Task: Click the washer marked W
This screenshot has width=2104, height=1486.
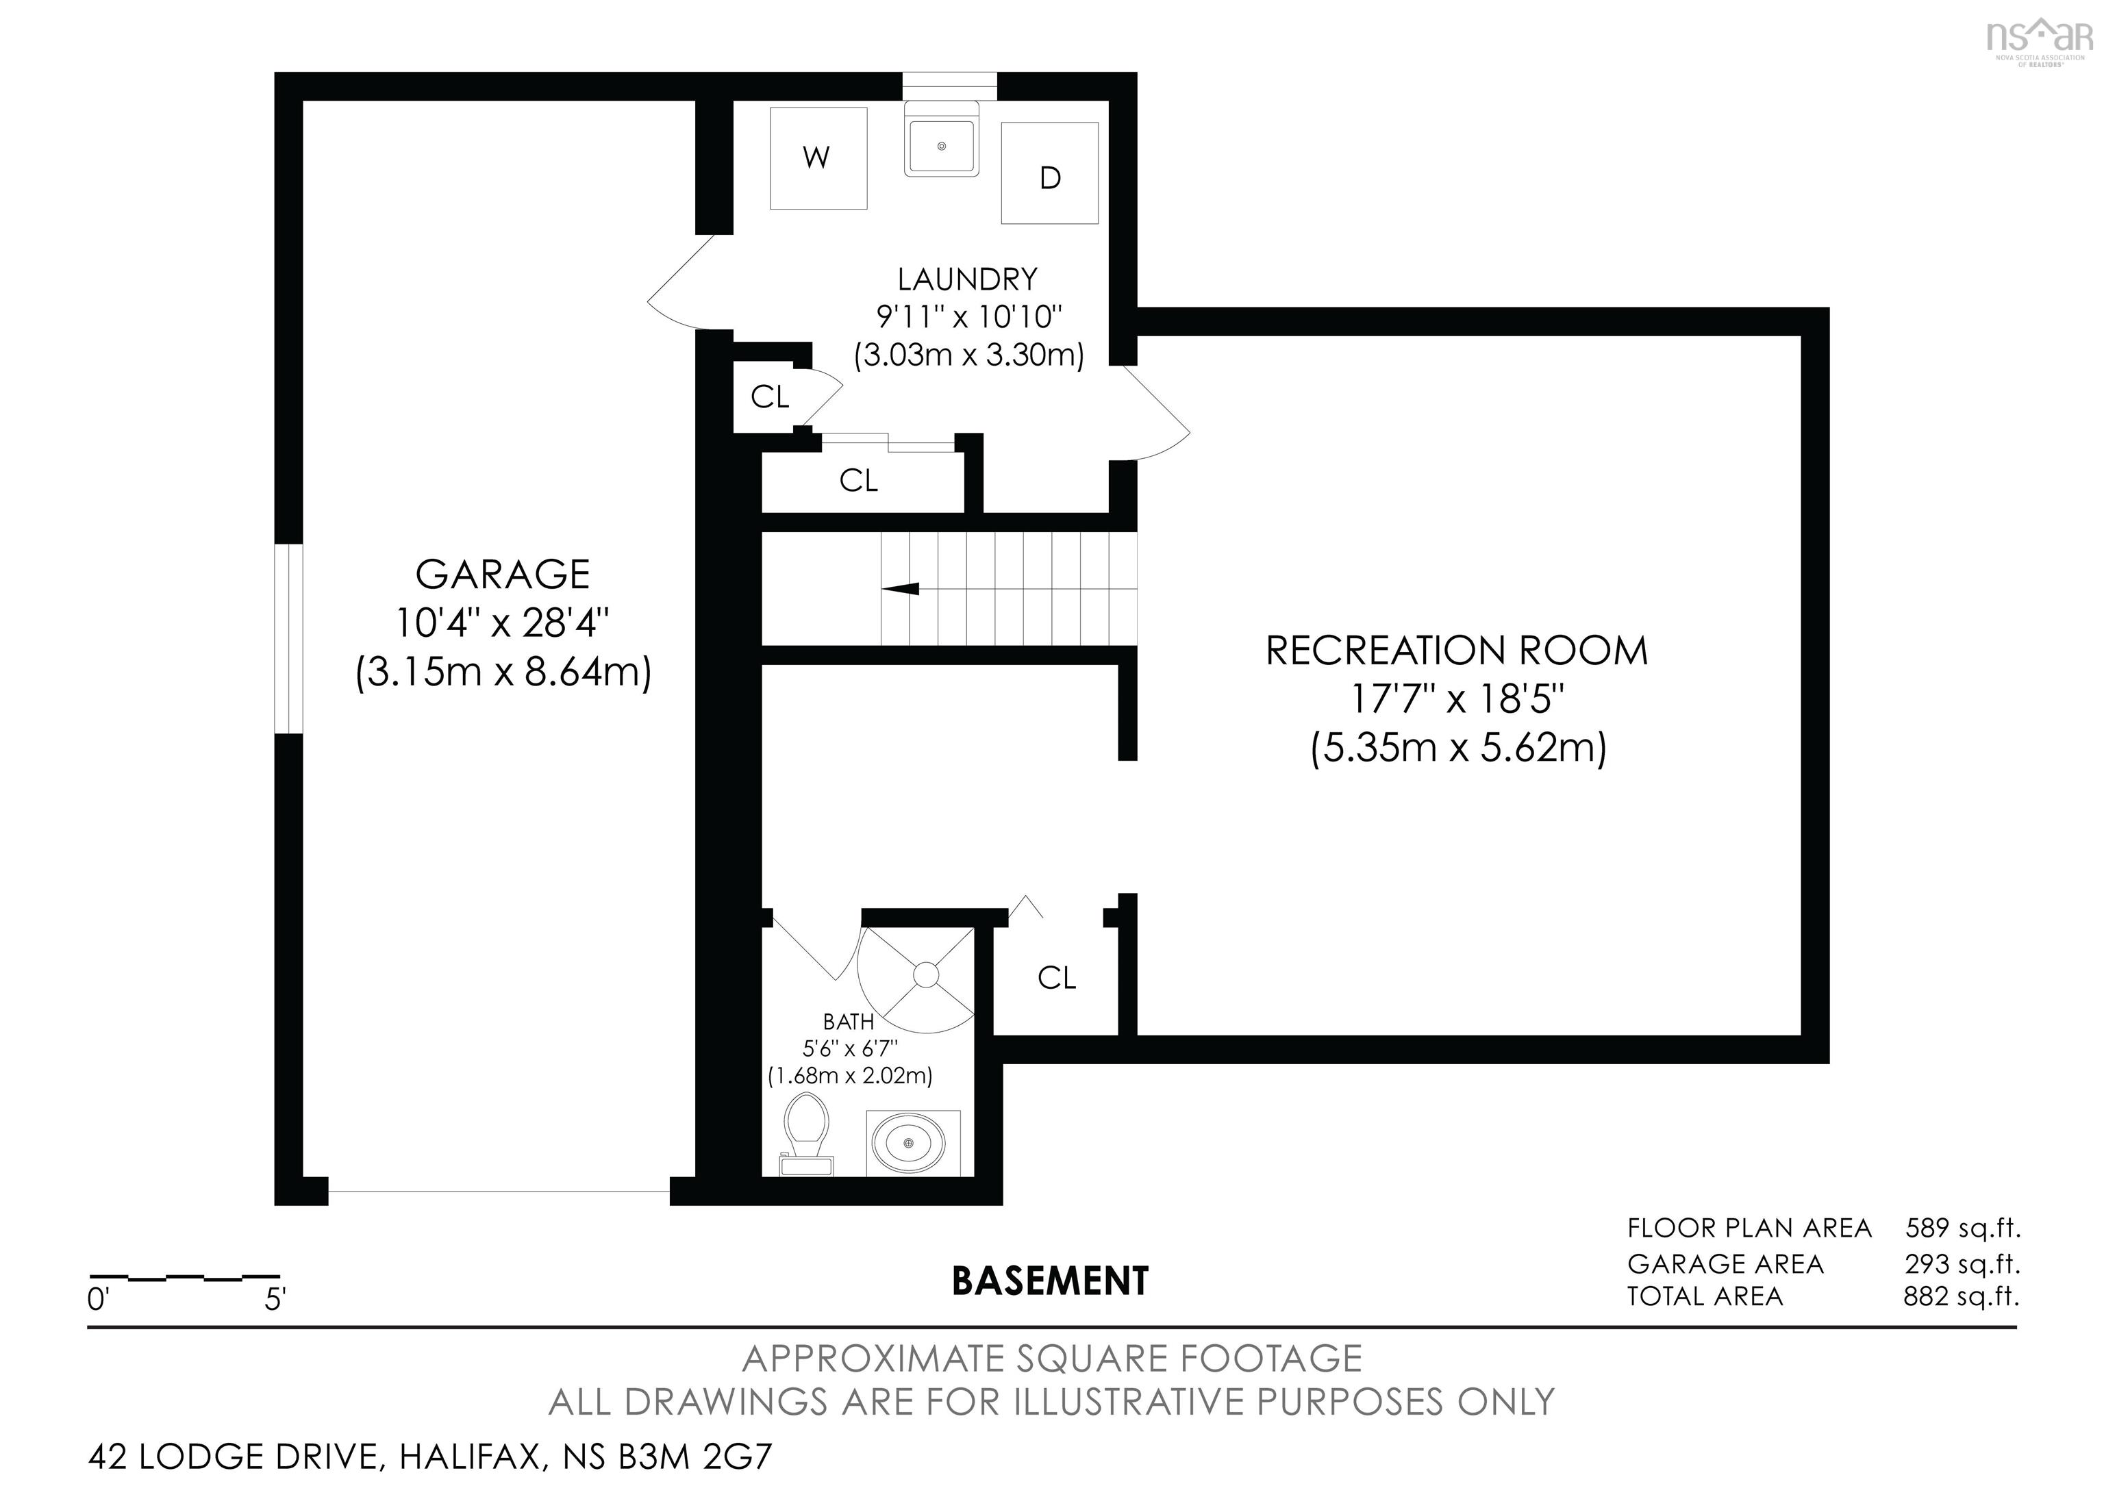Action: tap(817, 158)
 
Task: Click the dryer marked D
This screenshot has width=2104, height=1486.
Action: tap(1049, 173)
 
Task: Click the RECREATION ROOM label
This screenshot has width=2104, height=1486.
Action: tap(1456, 651)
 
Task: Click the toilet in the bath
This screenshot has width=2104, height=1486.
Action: tap(805, 1137)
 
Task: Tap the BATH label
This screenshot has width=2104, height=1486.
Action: tap(848, 1020)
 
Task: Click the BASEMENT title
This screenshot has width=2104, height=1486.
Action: tap(1049, 1281)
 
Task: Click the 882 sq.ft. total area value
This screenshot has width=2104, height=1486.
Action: tap(1960, 1296)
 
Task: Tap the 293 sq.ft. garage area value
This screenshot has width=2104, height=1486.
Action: tap(1961, 1264)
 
